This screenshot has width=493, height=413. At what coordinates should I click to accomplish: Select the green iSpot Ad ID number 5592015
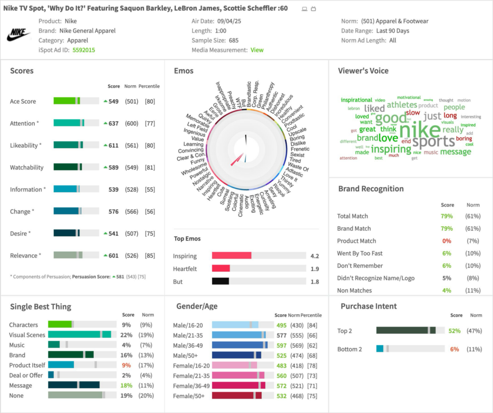point(84,50)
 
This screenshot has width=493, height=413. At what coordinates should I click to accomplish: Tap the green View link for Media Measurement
point(257,50)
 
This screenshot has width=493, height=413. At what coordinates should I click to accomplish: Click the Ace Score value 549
point(113,102)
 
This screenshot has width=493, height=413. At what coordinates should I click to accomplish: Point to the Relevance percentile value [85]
point(150,256)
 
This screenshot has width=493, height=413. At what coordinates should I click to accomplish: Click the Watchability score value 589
point(113,168)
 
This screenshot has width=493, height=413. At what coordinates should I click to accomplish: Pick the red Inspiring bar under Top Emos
point(232,256)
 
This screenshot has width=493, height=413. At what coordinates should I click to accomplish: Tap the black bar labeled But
point(221,281)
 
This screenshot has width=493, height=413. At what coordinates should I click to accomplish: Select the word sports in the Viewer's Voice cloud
point(433,142)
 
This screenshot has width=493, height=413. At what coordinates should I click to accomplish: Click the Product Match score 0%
point(447,241)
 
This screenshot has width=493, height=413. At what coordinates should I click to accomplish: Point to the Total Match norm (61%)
point(473,216)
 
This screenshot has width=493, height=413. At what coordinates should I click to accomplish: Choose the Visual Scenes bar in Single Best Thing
point(79,335)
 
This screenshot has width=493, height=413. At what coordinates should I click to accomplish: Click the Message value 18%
point(126,386)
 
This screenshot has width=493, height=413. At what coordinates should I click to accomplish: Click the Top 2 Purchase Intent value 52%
point(454,331)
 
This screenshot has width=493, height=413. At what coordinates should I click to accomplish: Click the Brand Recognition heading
point(371,189)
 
